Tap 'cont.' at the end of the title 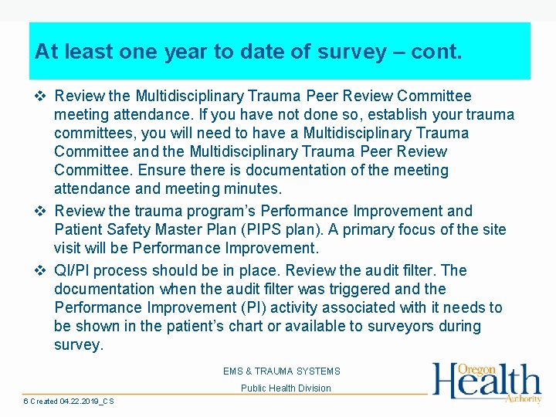[x=436, y=52]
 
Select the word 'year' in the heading [x=186, y=52]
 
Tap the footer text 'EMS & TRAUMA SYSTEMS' [x=281, y=371]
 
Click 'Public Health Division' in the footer [x=286, y=388]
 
